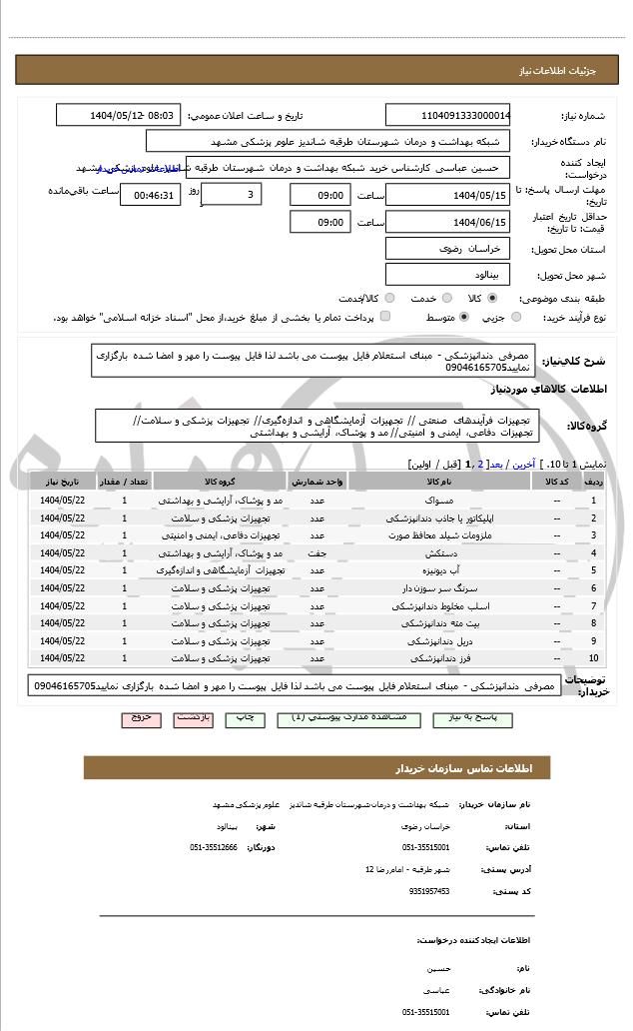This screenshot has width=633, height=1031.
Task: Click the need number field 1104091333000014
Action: (x=447, y=115)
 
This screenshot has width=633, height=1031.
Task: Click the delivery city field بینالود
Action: (x=447, y=274)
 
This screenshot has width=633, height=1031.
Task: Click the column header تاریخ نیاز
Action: (x=63, y=482)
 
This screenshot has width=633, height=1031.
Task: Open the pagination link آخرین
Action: (x=522, y=465)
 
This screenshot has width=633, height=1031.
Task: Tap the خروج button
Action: (x=141, y=718)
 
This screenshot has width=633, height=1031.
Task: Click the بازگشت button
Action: (x=194, y=718)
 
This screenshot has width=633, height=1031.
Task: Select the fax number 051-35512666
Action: (x=214, y=847)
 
